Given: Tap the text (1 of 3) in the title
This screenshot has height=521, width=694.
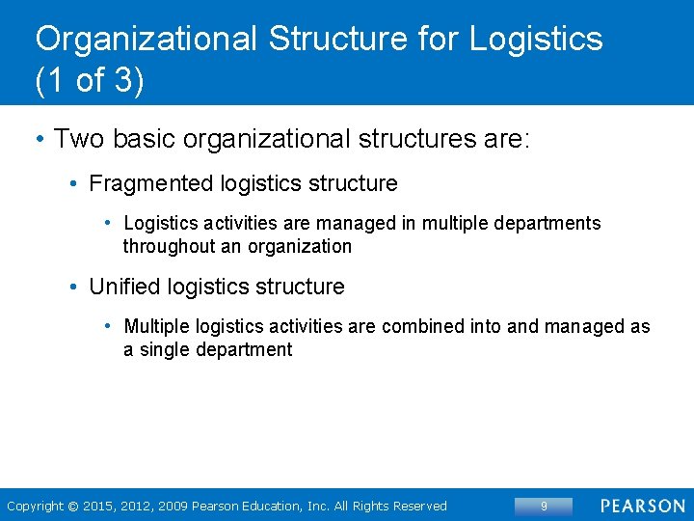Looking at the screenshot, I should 90,81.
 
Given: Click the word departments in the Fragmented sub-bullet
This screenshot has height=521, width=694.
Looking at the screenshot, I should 547,224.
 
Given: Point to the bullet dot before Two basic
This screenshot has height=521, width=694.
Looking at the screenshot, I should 39,139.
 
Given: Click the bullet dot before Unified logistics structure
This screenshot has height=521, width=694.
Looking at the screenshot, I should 74,287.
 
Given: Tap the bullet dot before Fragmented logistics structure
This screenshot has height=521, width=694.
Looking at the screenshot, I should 74,183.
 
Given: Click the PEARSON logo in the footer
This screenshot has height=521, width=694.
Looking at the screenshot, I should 642,506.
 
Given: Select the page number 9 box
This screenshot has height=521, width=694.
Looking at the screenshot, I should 544,506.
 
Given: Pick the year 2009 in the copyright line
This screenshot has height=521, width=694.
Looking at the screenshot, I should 172,507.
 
